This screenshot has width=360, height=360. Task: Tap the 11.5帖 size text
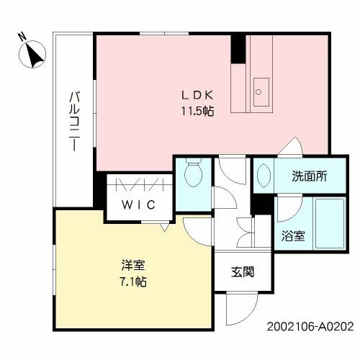tap(196, 111)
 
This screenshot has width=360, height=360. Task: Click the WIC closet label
tap(138, 204)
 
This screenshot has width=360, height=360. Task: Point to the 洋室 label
tap(130, 264)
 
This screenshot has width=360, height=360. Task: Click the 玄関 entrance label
tap(241, 273)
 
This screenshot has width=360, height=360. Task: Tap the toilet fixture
tap(193, 173)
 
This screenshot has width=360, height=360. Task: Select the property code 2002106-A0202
tap(310, 326)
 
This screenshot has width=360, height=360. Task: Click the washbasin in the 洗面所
tap(262, 175)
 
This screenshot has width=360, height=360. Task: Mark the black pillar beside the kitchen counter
tap(238, 48)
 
